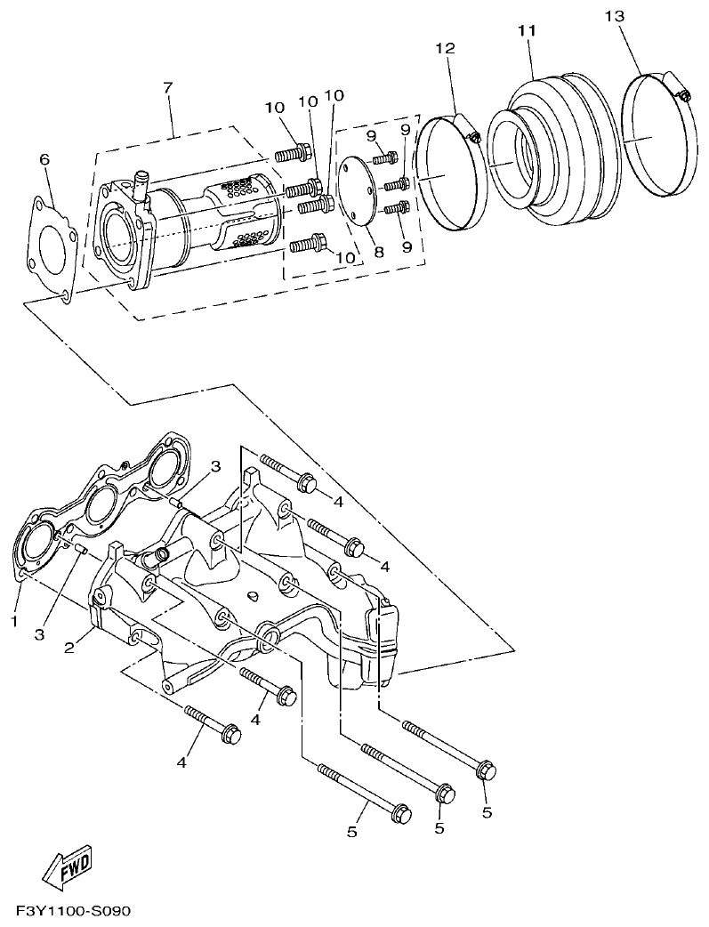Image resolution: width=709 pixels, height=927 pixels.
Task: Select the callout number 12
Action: click(x=445, y=48)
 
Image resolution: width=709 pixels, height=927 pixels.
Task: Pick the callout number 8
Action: click(x=378, y=253)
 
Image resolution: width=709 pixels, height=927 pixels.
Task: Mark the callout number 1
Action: click(x=14, y=620)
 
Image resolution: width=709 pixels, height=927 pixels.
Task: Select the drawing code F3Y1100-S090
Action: click(x=73, y=913)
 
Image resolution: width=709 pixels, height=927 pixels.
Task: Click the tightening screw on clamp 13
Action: click(x=681, y=93)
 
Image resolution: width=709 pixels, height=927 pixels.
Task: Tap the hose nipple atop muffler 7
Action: click(x=140, y=183)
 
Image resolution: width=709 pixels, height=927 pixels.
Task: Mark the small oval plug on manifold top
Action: click(x=253, y=595)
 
